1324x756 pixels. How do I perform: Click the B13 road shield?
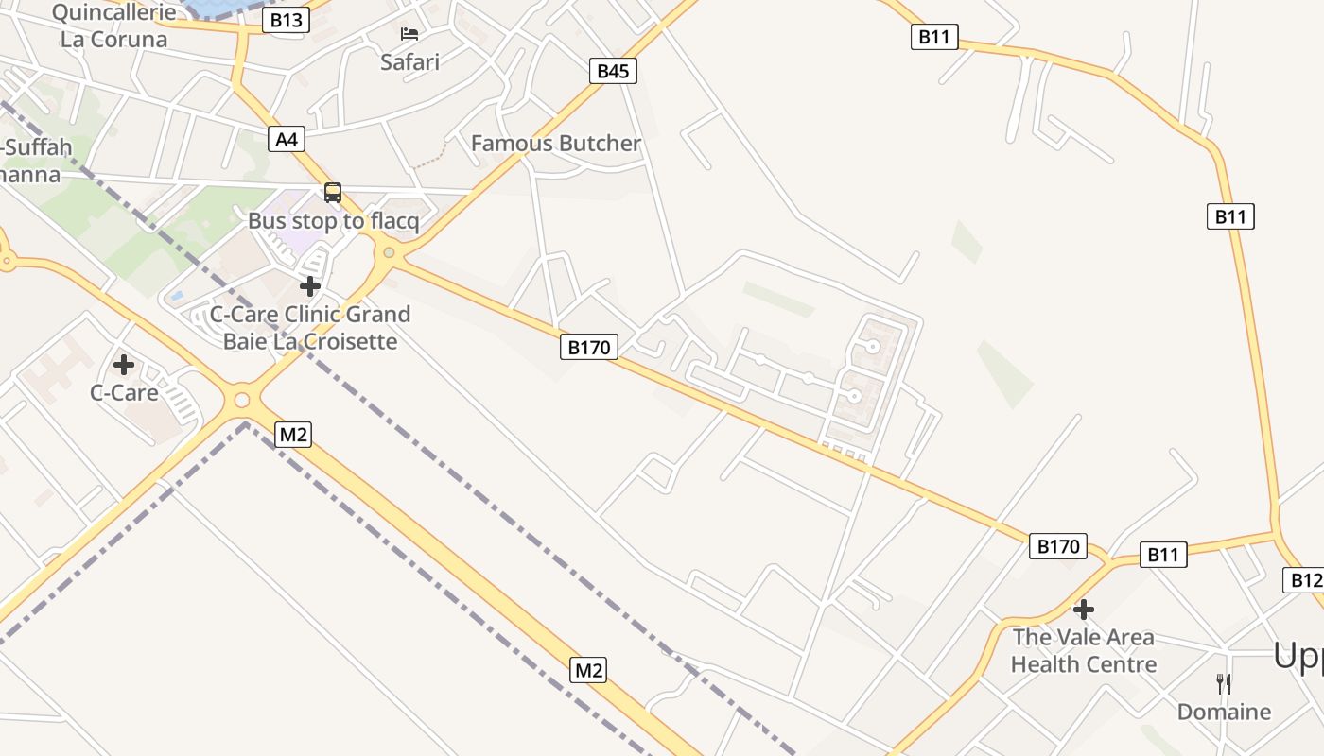coord(286,20)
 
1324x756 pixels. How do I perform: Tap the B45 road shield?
coord(613,71)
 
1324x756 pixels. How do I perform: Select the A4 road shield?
coord(286,140)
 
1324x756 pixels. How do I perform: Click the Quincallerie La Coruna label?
coord(113,26)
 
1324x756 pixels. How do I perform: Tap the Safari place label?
coord(409,62)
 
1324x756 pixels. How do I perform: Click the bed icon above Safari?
coord(409,34)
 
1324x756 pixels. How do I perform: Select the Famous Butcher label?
coord(556,144)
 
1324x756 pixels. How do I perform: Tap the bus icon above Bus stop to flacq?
coord(332,193)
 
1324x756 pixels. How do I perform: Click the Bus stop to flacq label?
coord(333,221)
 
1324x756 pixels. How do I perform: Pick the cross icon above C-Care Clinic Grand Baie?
coord(309,286)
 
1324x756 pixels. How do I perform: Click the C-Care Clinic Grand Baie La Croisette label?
coord(310,327)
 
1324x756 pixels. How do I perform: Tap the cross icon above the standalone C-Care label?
coord(123,365)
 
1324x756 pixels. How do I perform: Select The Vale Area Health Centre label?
coord(1084,650)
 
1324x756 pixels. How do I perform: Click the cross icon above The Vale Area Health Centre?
coord(1084,610)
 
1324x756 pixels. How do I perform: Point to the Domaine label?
coord(1224,712)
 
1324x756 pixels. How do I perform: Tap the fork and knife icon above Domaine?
coord(1224,683)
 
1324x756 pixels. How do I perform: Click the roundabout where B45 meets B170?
coord(388,252)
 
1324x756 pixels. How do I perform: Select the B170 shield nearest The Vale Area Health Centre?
coord(1057,546)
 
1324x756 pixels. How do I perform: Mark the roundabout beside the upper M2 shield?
coord(242,401)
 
